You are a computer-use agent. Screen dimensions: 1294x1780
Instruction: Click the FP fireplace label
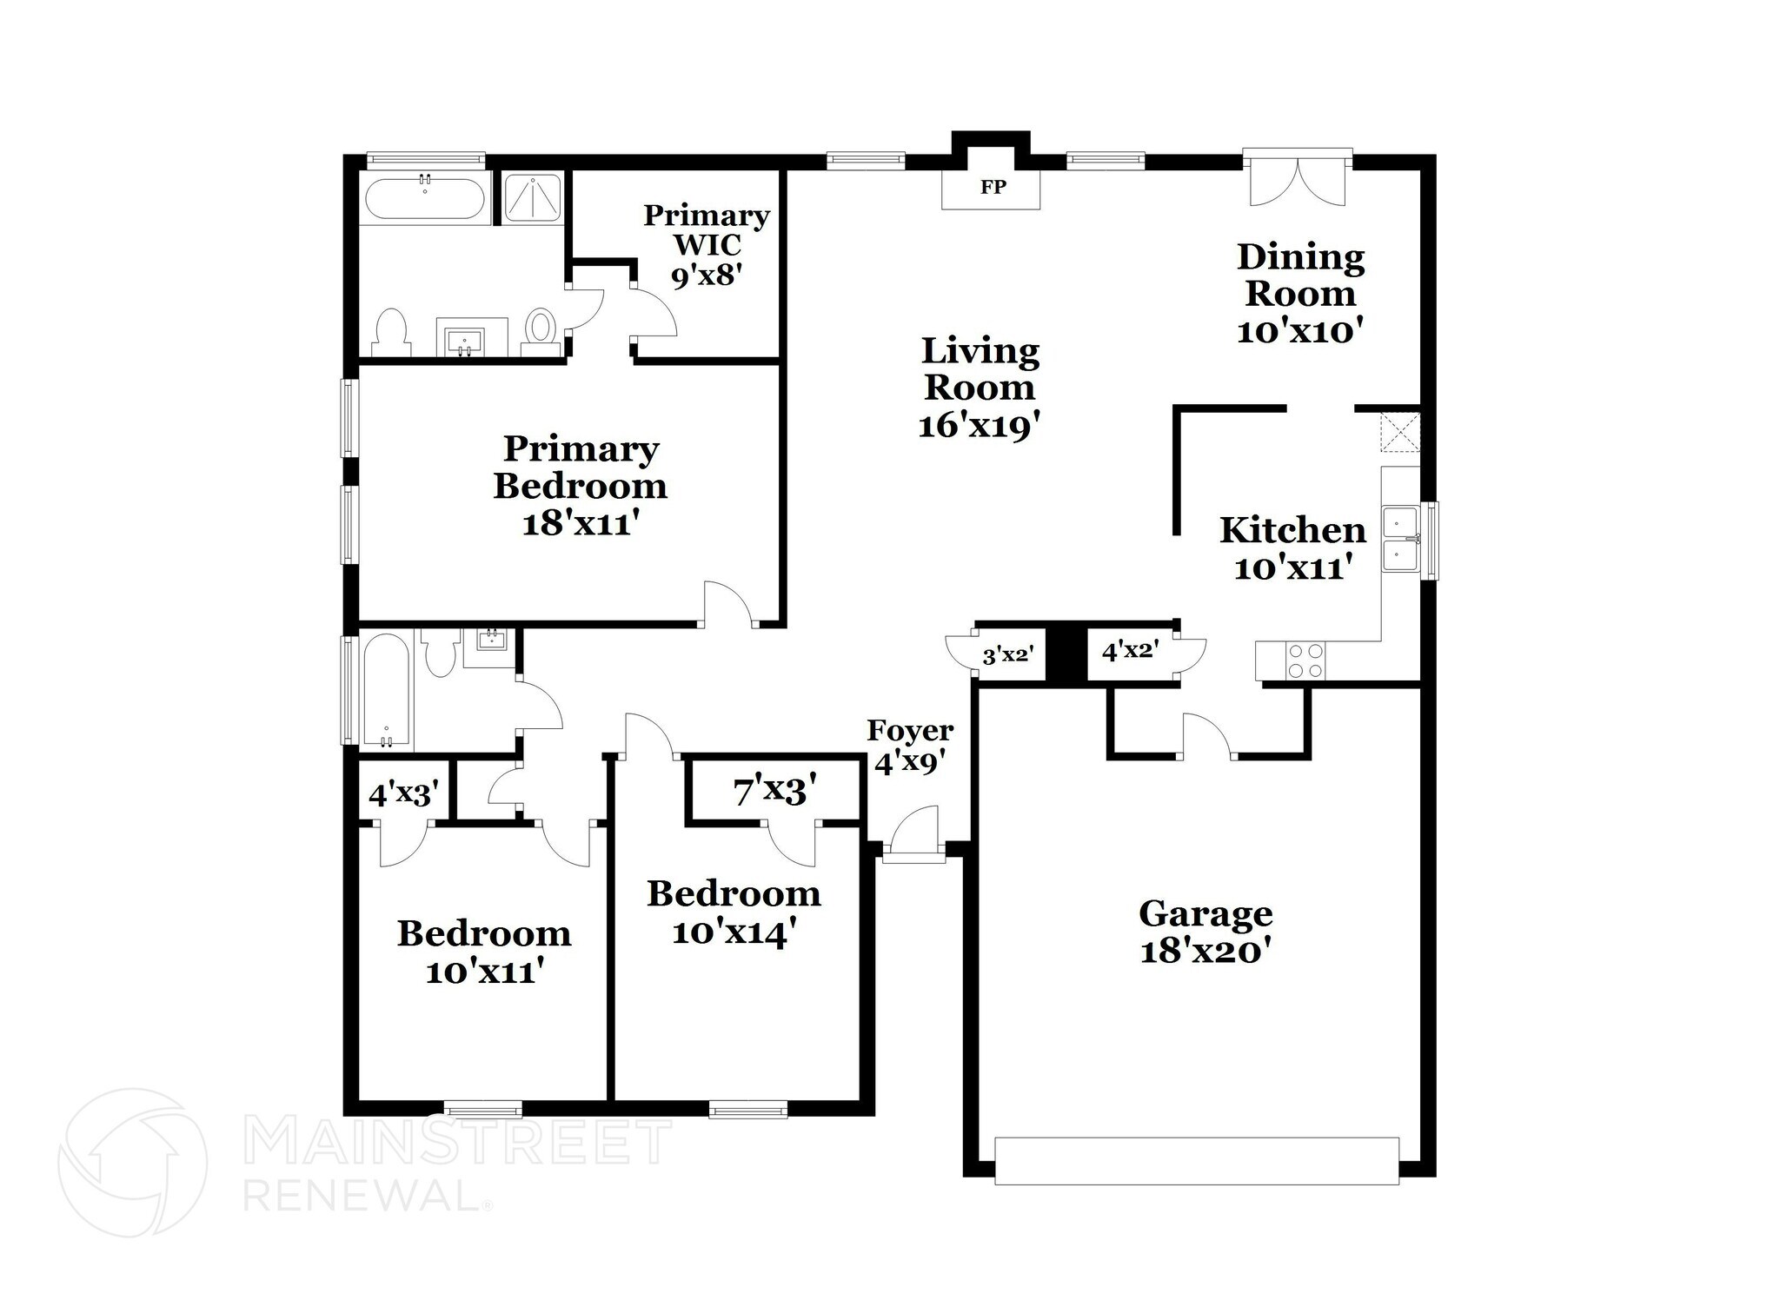[993, 187]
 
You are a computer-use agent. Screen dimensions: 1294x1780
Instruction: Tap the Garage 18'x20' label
[1205, 932]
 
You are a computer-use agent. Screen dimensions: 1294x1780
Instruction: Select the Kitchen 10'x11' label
[1292, 548]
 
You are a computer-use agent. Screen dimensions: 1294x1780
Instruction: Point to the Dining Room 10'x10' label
[1300, 294]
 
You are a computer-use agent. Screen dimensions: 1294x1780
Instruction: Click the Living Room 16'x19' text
[980, 388]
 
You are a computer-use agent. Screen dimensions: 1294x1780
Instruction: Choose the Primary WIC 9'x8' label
[706, 245]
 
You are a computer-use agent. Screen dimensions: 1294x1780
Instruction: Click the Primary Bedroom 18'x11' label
[580, 486]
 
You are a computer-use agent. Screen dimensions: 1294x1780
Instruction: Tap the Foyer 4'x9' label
[910, 746]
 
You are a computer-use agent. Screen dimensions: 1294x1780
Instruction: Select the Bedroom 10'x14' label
[734, 912]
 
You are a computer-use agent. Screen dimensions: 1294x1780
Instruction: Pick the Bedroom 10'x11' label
[484, 952]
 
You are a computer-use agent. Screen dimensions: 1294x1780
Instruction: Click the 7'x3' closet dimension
[775, 791]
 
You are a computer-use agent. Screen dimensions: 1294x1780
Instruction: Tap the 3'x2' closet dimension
[1006, 654]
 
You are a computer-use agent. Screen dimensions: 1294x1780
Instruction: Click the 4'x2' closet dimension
[1130, 650]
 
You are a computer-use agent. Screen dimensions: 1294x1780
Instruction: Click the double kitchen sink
[1401, 541]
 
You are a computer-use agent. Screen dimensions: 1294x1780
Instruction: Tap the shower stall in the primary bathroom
[533, 198]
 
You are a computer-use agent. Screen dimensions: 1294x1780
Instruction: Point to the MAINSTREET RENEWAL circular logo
[132, 1162]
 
